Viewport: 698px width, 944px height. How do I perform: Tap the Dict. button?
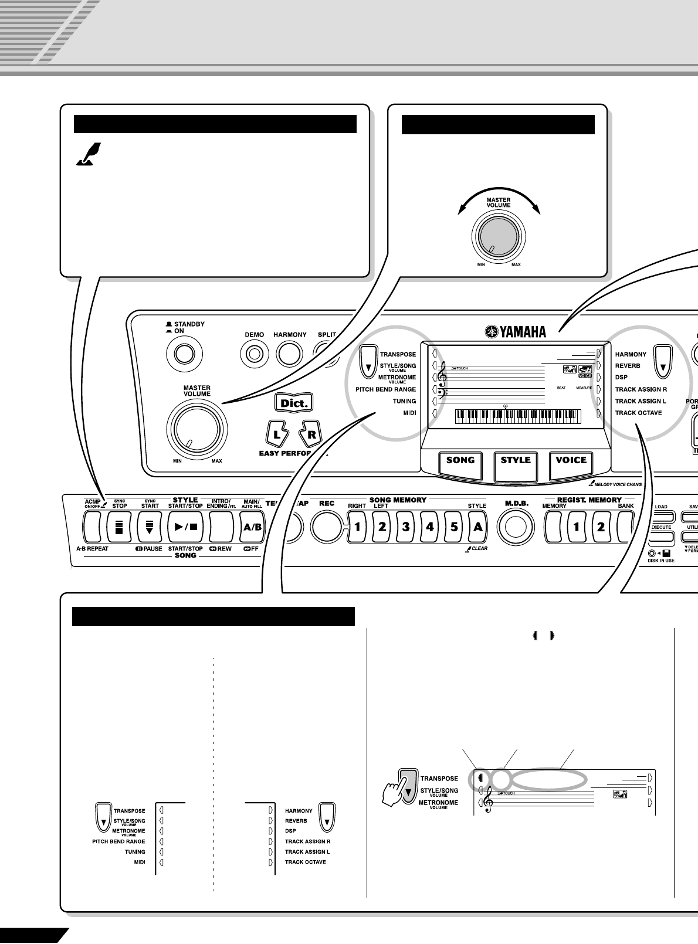(x=293, y=403)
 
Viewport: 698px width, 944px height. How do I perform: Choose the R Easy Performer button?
(x=311, y=434)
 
